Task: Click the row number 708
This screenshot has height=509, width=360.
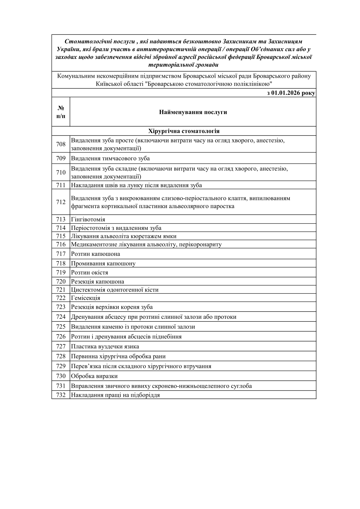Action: point(61,144)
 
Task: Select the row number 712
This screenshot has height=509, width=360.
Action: point(61,202)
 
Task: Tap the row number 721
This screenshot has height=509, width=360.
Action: point(61,290)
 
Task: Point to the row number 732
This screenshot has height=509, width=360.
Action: point(61,395)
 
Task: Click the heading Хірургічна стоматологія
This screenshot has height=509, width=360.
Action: point(184,131)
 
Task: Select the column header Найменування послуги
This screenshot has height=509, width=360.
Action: point(193,112)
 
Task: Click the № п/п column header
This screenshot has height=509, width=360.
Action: point(61,112)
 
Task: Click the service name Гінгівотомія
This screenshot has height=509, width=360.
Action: point(88,219)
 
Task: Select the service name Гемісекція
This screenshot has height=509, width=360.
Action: point(86,298)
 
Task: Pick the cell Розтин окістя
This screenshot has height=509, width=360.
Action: point(90,272)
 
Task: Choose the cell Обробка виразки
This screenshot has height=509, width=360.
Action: point(94,376)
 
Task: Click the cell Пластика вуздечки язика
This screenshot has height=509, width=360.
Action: point(105,346)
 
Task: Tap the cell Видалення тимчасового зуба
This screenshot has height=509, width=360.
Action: point(110,158)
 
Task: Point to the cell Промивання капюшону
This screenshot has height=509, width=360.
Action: point(103,263)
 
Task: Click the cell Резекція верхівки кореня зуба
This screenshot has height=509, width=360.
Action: point(112,307)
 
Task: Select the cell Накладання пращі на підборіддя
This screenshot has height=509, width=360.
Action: point(115,395)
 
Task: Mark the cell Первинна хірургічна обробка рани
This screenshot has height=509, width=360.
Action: point(118,356)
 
